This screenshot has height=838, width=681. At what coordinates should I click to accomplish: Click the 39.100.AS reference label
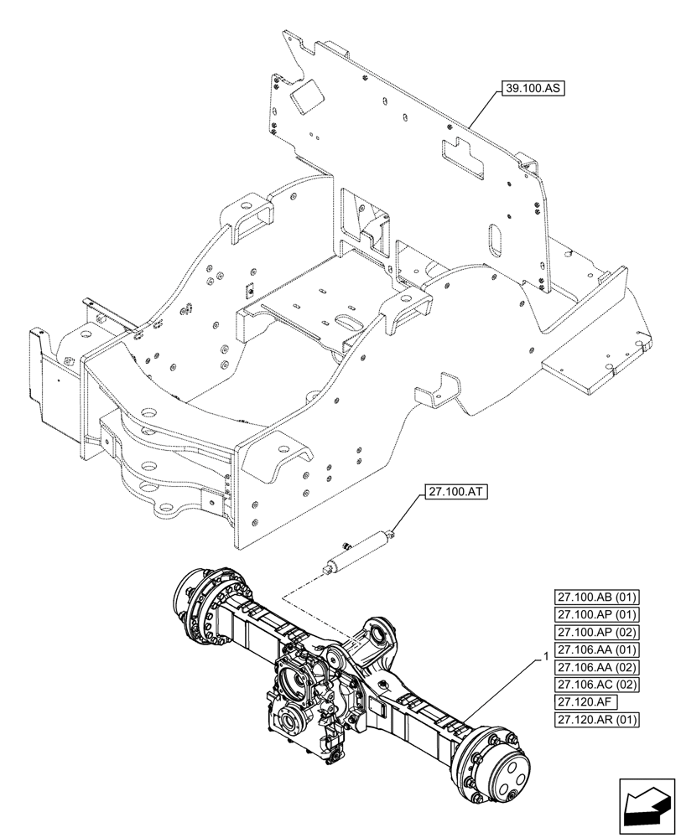[533, 87]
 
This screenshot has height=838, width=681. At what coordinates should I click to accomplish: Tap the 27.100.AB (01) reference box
[597, 597]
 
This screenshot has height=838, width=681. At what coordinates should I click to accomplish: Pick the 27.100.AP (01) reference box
[597, 615]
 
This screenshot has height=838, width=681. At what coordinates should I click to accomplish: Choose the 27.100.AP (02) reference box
[597, 633]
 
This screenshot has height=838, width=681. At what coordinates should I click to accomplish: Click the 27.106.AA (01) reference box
[597, 650]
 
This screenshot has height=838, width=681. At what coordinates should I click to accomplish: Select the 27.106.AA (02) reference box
[597, 668]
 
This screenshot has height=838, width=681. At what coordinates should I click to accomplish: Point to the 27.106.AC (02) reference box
[597, 685]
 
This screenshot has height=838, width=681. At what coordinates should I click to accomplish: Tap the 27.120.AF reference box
[585, 703]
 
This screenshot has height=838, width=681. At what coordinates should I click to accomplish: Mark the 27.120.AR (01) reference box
[597, 721]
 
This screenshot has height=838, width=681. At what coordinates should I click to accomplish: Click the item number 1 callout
[547, 658]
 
